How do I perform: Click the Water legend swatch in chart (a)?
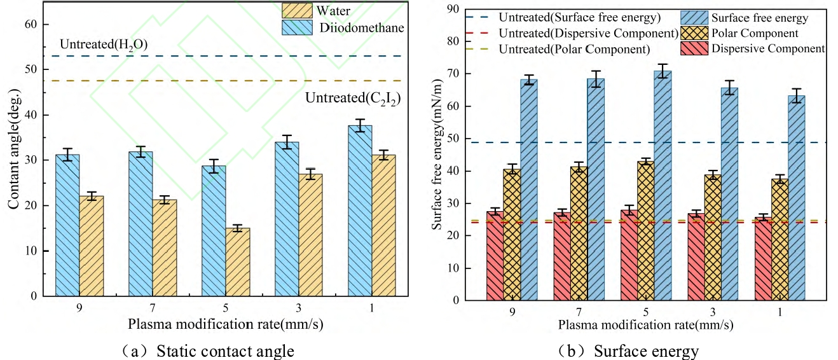(x=298, y=11)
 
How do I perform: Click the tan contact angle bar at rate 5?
(x=238, y=261)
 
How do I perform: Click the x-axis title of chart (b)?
(x=645, y=325)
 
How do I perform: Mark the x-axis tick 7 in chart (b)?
(x=580, y=312)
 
